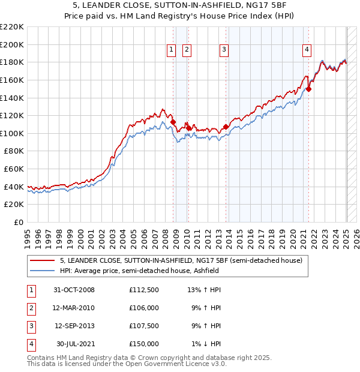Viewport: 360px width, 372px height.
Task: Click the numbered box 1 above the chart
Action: (172, 50)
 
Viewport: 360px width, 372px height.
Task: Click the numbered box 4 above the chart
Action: (307, 50)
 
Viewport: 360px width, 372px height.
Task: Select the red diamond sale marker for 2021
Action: (309, 89)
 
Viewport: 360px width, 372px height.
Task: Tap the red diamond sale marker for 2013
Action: (226, 127)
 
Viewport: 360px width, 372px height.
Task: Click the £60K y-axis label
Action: (14, 169)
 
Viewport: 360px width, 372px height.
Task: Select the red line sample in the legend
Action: (43, 260)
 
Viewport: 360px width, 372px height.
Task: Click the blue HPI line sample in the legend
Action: (43, 271)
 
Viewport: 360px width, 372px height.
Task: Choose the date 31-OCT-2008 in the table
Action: (74, 290)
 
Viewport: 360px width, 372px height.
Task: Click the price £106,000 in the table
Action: (144, 308)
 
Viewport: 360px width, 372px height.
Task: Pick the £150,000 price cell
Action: (144, 344)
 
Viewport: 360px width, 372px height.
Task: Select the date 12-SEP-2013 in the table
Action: (74, 326)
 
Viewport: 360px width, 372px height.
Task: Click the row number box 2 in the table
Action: (31, 308)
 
